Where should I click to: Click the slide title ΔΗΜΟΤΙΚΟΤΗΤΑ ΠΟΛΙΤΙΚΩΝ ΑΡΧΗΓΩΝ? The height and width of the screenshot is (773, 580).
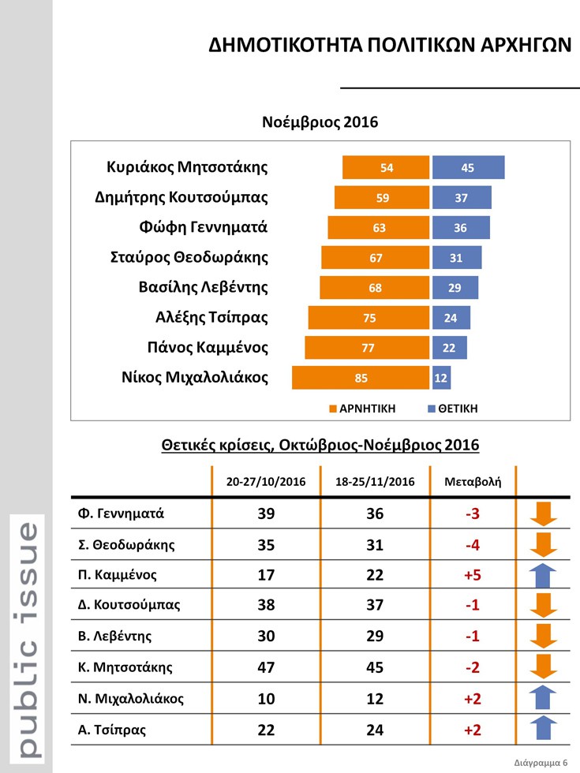point(389,45)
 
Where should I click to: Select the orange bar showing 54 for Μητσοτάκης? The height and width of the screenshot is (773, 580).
point(386,167)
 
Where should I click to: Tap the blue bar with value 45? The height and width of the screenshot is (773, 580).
point(468,167)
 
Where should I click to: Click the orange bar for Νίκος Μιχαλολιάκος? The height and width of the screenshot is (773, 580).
point(361,378)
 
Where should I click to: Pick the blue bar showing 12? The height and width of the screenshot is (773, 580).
point(442,378)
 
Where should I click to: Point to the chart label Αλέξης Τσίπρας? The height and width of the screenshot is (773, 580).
point(211,318)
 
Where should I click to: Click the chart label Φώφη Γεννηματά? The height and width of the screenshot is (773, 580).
point(203,227)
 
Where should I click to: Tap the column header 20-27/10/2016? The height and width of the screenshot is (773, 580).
point(266,481)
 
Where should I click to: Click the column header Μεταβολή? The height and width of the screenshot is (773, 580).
point(473,481)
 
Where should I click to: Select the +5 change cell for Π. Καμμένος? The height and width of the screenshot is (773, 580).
point(473,575)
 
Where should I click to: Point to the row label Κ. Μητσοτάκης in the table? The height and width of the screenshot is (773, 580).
point(125,667)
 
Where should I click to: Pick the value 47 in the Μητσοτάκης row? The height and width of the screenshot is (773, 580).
point(267,668)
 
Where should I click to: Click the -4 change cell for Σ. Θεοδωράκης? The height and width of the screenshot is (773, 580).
point(473,544)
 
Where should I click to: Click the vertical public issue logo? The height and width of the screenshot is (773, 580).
point(26,639)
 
